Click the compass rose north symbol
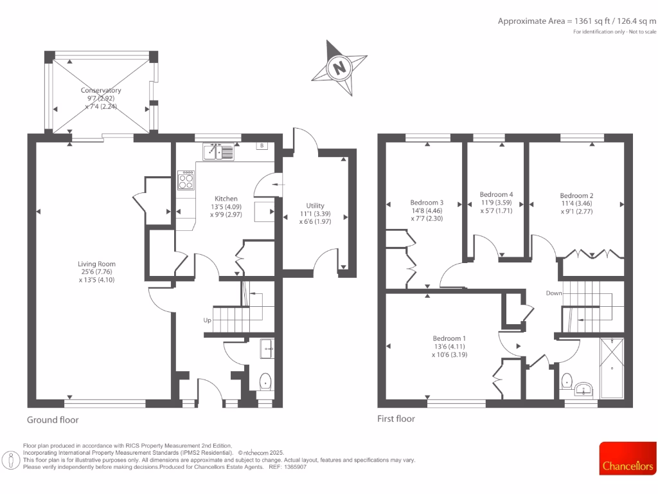[x=339, y=66]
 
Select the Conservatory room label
[x=101, y=91]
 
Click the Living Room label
[x=96, y=264]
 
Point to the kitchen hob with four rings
[x=186, y=179]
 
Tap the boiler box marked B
[x=262, y=146]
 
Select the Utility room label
[x=315, y=206]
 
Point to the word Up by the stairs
[x=207, y=320]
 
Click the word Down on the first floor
[x=554, y=293]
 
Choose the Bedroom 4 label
[x=496, y=194]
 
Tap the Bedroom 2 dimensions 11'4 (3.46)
[x=576, y=203]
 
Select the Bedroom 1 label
[x=449, y=338]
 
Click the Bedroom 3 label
[x=427, y=202]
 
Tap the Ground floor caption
[x=53, y=419]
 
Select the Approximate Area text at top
[x=577, y=21]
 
